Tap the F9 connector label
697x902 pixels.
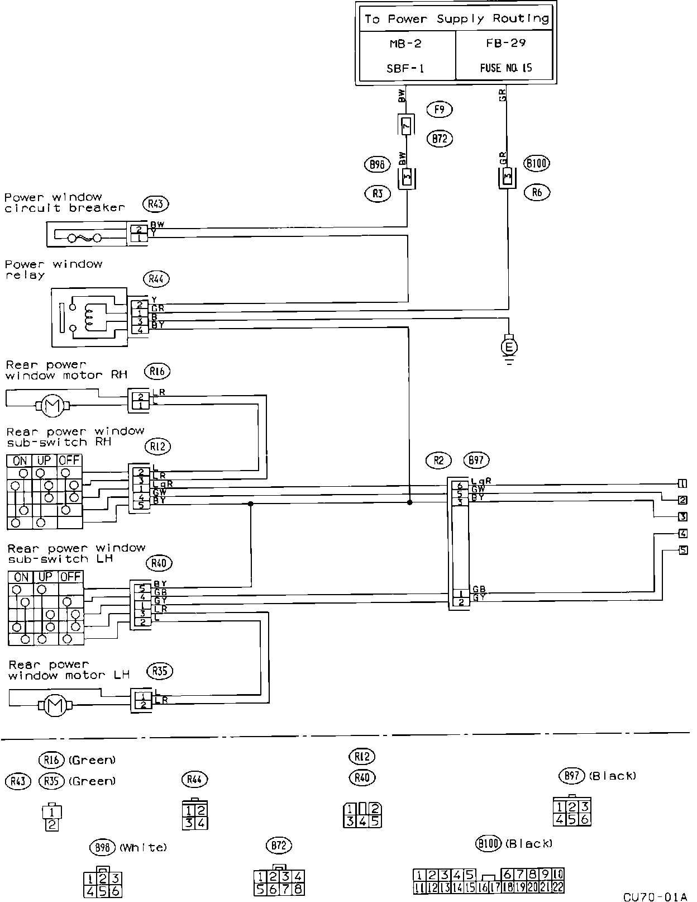coord(439,110)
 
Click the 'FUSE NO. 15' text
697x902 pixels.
coord(506,68)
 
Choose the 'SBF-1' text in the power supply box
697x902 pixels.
coord(406,68)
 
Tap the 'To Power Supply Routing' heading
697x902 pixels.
coord(456,19)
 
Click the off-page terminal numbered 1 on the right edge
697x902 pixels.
coord(682,484)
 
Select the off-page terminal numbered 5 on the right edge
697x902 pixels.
coord(682,550)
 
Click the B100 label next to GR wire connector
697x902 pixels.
coord(537,163)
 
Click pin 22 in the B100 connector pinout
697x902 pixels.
coord(558,887)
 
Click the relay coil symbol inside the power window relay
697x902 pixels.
coord(89,316)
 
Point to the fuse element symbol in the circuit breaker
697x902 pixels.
coord(84,239)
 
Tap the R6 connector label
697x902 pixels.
coord(537,193)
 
